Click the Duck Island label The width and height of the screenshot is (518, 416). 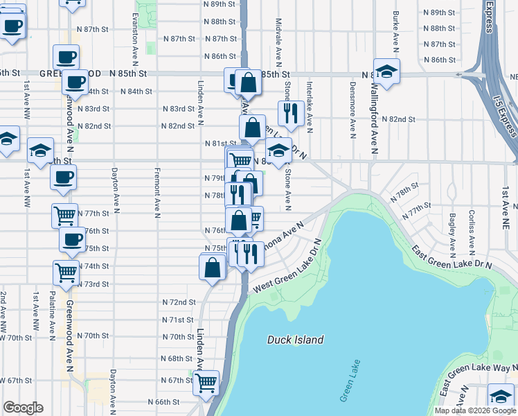(x=296, y=340)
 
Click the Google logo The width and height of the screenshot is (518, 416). (x=23, y=408)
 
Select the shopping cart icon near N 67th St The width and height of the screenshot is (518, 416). (x=206, y=382)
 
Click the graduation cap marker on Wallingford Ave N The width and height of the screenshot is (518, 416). (x=386, y=71)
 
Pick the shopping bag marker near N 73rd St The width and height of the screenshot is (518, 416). (x=213, y=266)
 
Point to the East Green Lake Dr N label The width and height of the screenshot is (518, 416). (x=451, y=257)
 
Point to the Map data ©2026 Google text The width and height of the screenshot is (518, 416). (x=474, y=410)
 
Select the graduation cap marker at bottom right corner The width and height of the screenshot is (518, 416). (x=501, y=396)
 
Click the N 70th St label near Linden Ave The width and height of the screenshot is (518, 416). (x=178, y=336)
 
